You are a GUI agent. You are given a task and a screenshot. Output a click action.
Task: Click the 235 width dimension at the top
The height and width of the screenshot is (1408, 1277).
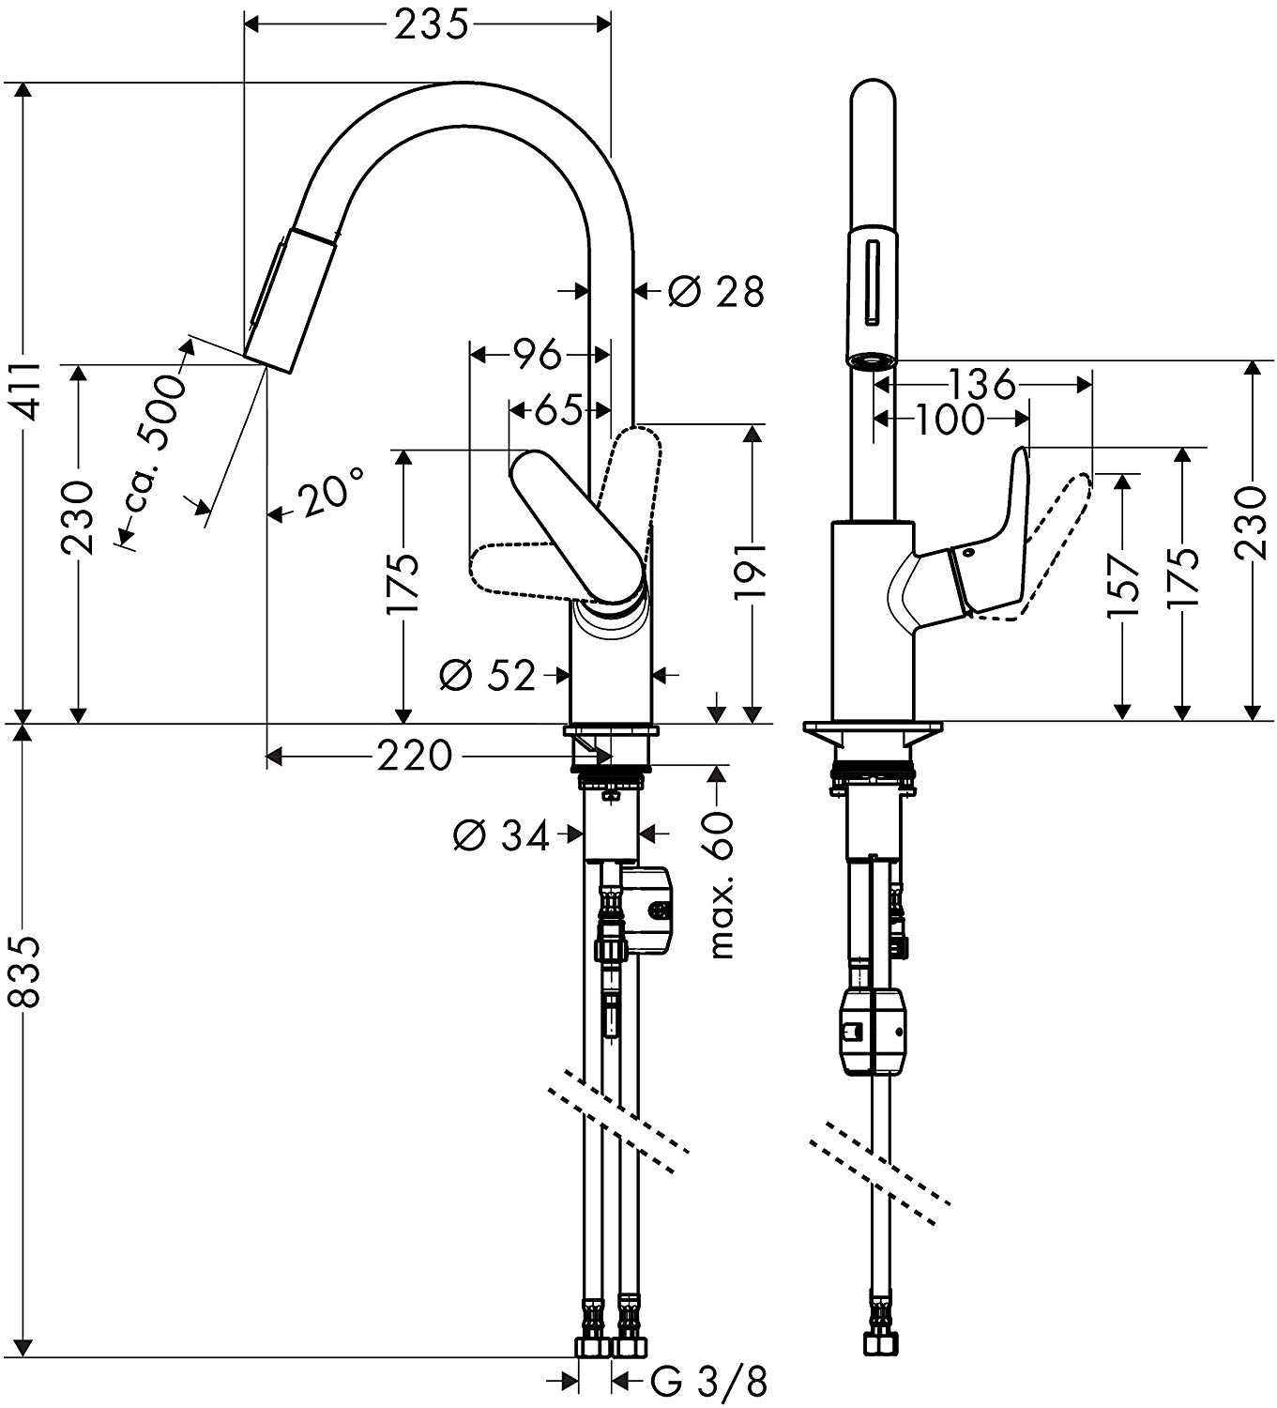pos(431,25)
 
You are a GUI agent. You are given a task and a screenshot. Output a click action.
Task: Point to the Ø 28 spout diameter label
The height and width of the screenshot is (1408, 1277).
pos(717,292)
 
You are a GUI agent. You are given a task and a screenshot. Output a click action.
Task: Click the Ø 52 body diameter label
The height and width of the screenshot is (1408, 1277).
pos(487,674)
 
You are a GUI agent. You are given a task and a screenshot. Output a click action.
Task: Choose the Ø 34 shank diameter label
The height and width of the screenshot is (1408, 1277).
pos(501,834)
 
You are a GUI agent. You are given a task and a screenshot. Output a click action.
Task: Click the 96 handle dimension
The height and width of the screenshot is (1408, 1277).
pos(537,354)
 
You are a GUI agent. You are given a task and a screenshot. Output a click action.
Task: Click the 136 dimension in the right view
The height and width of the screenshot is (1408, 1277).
pos(981,383)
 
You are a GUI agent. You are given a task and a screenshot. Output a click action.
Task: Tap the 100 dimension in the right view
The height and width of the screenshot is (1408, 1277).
pos(949,420)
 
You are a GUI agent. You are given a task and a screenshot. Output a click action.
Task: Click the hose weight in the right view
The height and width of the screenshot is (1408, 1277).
pos(874,1032)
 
